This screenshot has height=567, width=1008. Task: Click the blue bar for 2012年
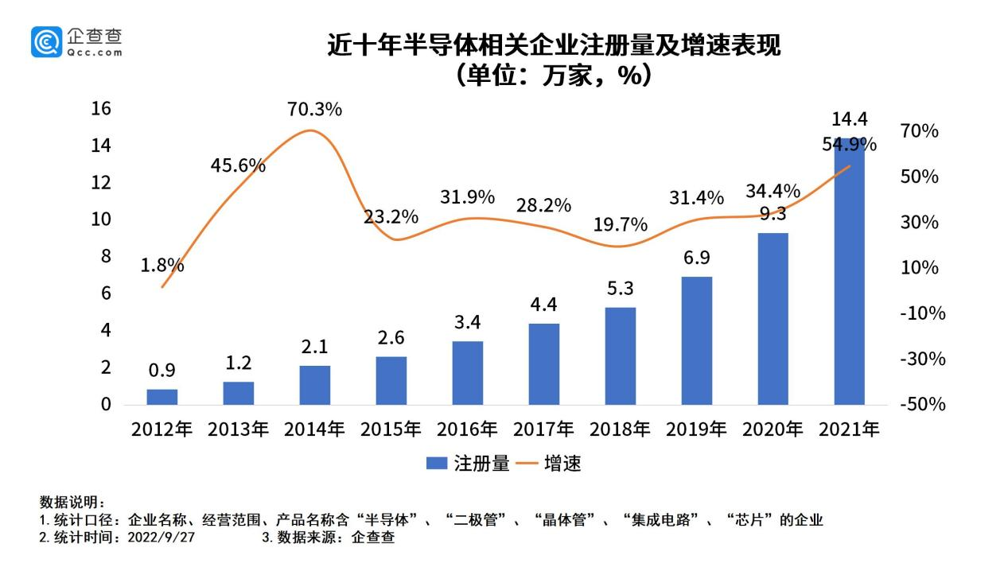coord(162,397)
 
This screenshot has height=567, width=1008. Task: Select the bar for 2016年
coord(468,373)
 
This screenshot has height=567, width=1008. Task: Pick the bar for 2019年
coord(697,340)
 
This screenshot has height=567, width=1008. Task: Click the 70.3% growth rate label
coord(314,109)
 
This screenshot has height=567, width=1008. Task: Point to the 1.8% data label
coord(162,266)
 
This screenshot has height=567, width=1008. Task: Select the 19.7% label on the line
coord(621,225)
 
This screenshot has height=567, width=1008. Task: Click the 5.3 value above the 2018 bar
coord(621,288)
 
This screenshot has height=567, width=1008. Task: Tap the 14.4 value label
coord(849,120)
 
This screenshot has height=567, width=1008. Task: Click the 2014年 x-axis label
coord(314,429)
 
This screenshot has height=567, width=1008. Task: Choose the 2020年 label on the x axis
coord(773,429)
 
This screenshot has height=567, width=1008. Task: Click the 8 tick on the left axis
coord(105,256)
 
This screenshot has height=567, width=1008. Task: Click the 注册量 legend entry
coord(468,464)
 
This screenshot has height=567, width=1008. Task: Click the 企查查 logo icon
coord(46,41)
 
